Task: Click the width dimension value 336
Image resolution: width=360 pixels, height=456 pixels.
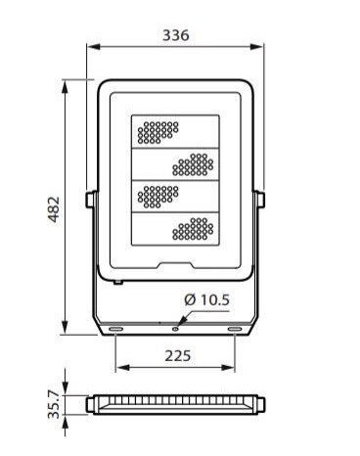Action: click(176, 35)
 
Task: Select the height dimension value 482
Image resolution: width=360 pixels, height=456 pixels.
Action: click(54, 209)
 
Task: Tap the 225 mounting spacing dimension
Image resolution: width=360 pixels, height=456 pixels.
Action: click(177, 356)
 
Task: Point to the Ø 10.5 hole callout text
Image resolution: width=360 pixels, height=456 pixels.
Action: click(206, 299)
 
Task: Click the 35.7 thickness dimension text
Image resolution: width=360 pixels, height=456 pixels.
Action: click(54, 404)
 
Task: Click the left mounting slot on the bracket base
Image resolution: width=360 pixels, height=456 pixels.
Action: click(115, 330)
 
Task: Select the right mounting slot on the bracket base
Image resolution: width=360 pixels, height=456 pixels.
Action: click(235, 330)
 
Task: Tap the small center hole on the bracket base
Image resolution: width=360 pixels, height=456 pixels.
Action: click(175, 329)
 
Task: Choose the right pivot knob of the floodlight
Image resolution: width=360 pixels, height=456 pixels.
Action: click(260, 199)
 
